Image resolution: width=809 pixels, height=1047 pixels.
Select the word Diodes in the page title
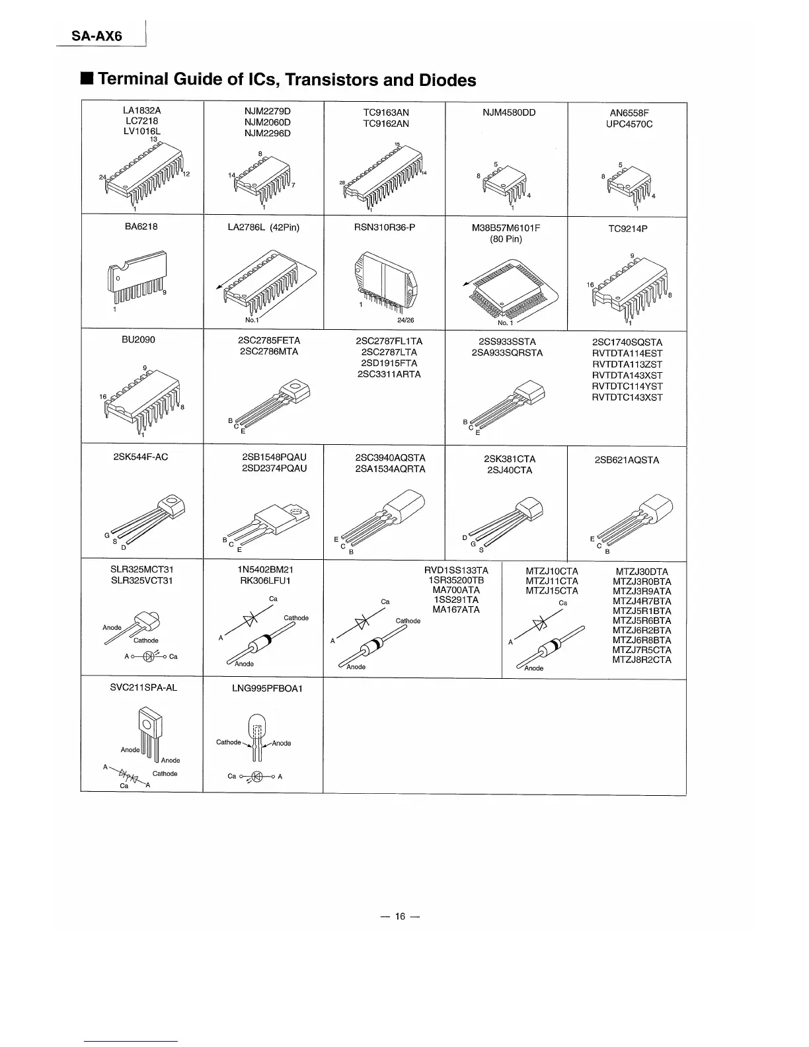click(447, 80)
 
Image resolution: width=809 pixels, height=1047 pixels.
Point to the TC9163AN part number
click(386, 113)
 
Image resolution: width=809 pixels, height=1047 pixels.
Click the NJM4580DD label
click(509, 112)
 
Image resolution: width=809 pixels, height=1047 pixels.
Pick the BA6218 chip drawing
click(139, 278)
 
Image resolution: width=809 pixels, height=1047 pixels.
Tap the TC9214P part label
click(627, 229)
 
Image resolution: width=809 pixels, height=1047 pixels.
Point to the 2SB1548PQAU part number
click(274, 457)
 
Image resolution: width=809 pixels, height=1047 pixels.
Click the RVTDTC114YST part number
click(627, 386)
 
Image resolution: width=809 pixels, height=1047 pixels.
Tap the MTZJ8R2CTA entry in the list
click(642, 660)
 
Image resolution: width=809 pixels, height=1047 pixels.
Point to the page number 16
click(400, 916)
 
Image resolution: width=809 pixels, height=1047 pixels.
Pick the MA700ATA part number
click(456, 590)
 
